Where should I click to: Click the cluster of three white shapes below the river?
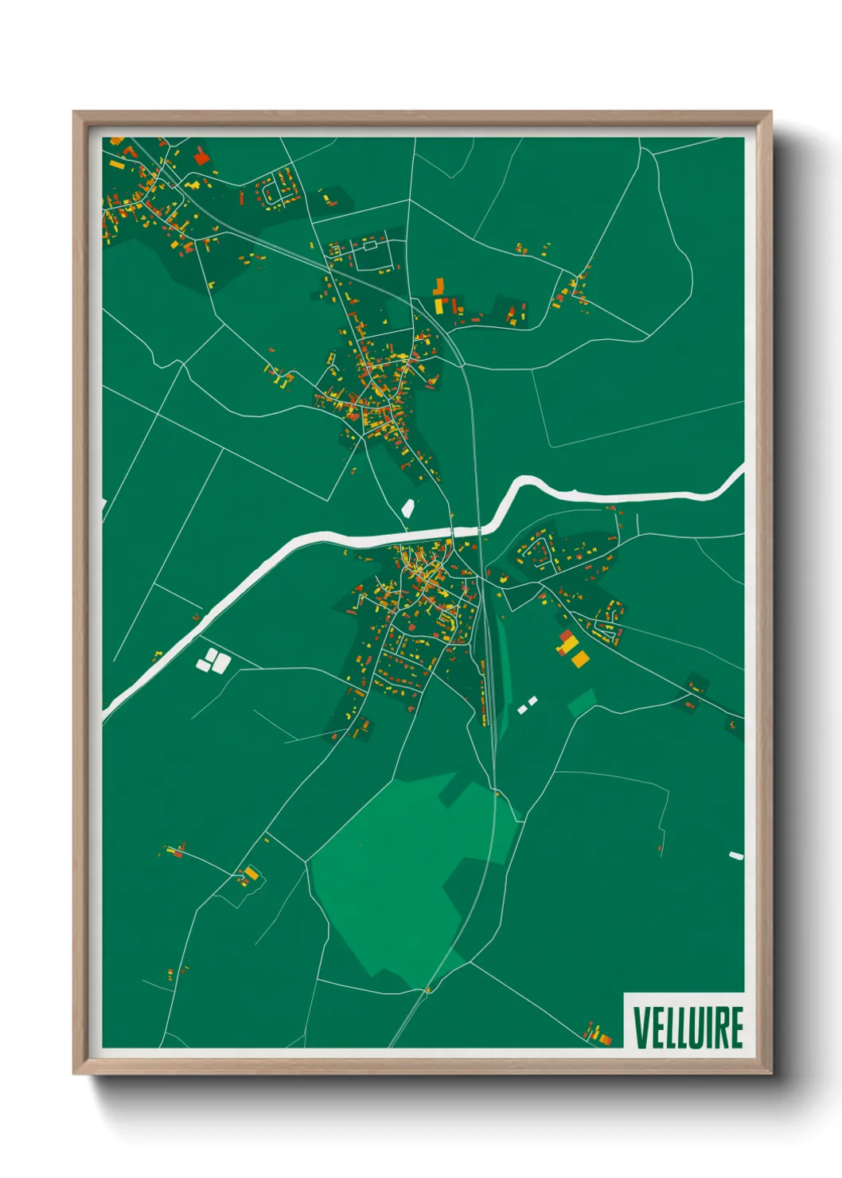pos(213,661)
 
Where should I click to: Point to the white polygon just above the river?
pos(408,508)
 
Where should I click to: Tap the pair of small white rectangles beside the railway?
pos(528,704)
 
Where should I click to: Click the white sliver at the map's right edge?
pos(736,856)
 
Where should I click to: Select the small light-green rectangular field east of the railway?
pos(582,702)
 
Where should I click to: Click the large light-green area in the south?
pos(398,876)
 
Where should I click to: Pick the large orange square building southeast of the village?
pos(580,658)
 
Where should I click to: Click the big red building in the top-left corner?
pos(201,158)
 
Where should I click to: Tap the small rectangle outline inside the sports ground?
pos(370,246)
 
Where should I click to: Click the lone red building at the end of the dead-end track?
pos(660,848)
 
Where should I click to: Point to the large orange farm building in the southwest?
pos(251,873)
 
